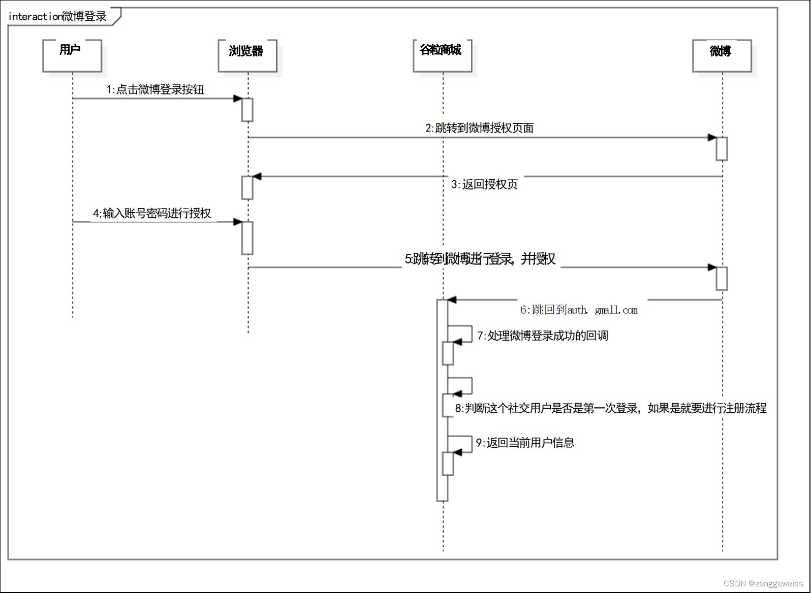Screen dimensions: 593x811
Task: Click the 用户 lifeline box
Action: click(x=72, y=55)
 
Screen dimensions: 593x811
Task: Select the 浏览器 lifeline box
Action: click(x=247, y=55)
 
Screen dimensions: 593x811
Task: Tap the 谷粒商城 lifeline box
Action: click(x=442, y=55)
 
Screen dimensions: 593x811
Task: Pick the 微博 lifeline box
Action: click(x=722, y=55)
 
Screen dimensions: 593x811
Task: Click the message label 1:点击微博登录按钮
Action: click(x=155, y=90)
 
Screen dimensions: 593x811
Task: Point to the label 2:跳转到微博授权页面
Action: click(x=479, y=128)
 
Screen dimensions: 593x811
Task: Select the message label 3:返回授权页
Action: click(x=484, y=184)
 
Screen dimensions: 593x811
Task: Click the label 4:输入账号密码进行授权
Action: click(x=152, y=213)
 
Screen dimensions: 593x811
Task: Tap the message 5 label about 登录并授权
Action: click(x=480, y=259)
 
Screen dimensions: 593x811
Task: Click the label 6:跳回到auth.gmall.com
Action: click(x=579, y=310)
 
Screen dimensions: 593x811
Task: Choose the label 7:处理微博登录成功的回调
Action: click(x=542, y=336)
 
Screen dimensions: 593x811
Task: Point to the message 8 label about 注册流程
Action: click(x=610, y=408)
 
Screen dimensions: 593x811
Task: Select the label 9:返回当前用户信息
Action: click(x=525, y=443)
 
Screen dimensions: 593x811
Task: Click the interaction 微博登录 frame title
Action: click(x=58, y=17)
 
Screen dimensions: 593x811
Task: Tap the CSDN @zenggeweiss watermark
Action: click(x=763, y=583)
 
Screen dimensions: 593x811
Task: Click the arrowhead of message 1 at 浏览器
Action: click(x=238, y=98)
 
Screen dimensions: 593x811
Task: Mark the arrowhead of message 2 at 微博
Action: click(x=712, y=138)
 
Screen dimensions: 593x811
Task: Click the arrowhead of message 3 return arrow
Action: click(x=257, y=177)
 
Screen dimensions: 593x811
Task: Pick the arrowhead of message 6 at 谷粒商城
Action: click(x=452, y=300)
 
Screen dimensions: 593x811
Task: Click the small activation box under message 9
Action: click(x=448, y=464)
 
